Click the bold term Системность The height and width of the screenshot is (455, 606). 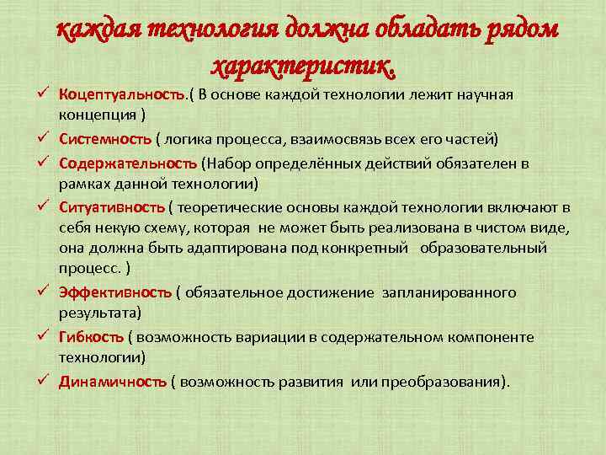point(104,138)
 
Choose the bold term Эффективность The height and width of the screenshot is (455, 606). point(114,292)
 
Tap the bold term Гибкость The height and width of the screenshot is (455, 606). point(90,336)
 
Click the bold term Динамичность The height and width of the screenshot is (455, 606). point(112,380)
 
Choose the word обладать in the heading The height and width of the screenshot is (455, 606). point(436,29)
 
